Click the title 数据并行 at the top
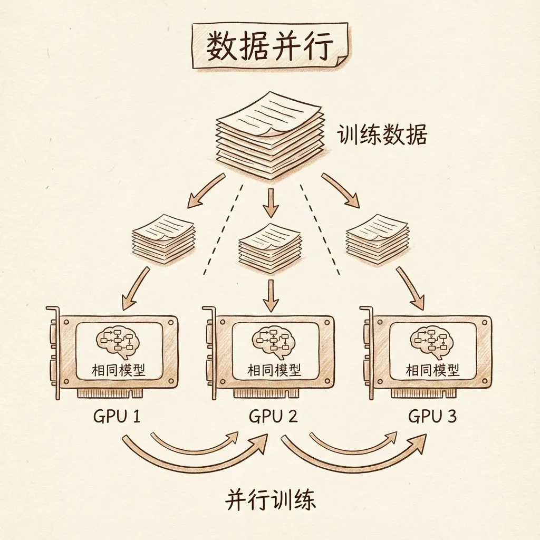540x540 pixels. [x=269, y=47]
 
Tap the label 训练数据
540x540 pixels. [x=382, y=135]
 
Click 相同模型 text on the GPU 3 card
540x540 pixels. [x=432, y=371]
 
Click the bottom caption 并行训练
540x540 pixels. [x=271, y=500]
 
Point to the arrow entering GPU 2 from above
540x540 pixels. [x=271, y=295]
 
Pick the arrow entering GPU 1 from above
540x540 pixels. [x=135, y=289]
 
